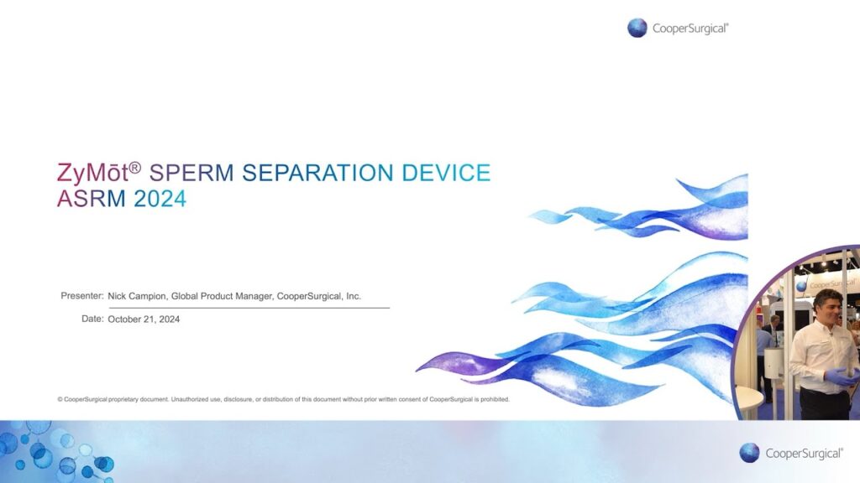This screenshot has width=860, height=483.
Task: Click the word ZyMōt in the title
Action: (x=92, y=173)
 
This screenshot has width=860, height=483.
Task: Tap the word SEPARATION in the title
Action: (x=318, y=173)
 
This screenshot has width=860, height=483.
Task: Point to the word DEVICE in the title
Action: (x=447, y=173)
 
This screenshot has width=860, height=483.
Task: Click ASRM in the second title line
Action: (x=92, y=199)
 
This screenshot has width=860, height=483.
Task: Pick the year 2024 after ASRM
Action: (x=160, y=199)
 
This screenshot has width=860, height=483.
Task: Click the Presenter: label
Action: (x=82, y=296)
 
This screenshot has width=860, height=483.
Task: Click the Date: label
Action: (x=92, y=319)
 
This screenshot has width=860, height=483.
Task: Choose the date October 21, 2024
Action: (x=144, y=319)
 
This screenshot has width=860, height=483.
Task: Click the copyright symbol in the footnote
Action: (x=60, y=399)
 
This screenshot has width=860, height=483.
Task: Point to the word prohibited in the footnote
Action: (x=495, y=399)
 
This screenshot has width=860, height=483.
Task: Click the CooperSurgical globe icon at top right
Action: (x=637, y=28)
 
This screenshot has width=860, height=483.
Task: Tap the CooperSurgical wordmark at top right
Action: (x=690, y=29)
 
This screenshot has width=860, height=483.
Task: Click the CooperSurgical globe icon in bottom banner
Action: (x=749, y=453)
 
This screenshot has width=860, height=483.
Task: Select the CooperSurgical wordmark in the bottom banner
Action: (x=804, y=454)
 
